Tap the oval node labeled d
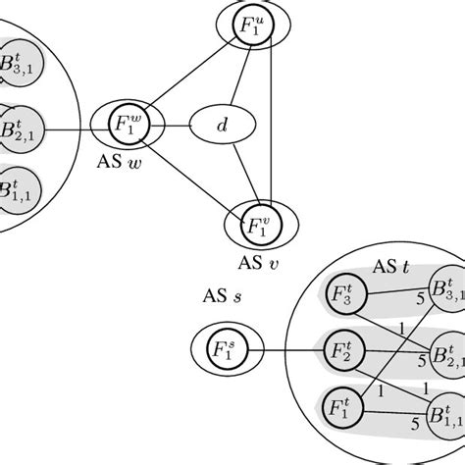coord(221,125)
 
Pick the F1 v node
coord(260,227)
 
